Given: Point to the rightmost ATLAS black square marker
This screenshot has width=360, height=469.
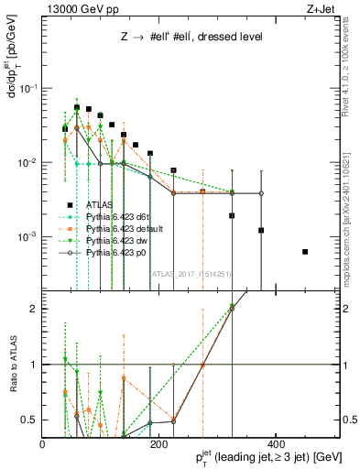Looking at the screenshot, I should click(305, 252).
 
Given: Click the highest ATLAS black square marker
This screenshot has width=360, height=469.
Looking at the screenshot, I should click(77, 107).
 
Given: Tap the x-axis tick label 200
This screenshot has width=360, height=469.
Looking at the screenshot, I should click(159, 444).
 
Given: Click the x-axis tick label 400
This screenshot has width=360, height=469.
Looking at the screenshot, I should click(275, 444).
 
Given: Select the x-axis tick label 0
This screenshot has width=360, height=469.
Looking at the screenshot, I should click(43, 444).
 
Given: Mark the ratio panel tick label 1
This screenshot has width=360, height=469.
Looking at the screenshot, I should click(34, 365).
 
